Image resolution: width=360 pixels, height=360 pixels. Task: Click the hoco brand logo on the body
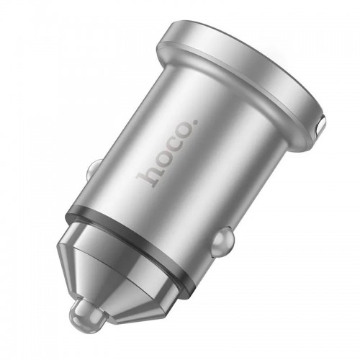click(166, 154)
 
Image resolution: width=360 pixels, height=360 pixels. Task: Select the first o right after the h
click(158, 163)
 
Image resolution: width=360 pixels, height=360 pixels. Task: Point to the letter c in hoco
click(170, 150)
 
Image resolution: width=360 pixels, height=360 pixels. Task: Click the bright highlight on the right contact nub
click(226, 233)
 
